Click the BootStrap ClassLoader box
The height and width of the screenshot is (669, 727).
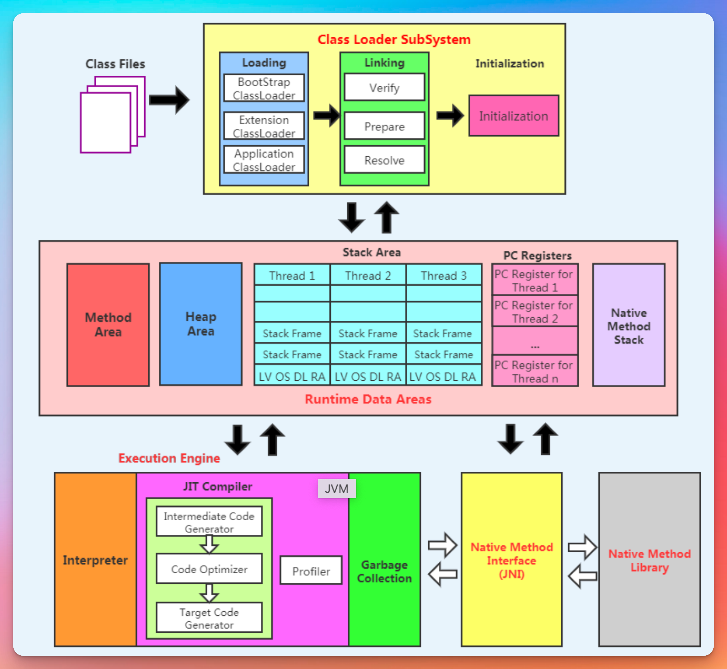coord(264,88)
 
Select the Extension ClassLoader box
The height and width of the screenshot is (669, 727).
coord(264,126)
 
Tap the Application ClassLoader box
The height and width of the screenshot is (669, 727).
coord(264,160)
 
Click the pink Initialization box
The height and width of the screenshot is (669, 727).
coord(513,116)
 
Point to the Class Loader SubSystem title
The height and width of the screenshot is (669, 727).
coord(394,39)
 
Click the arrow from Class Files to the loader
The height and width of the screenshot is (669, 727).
coord(169,100)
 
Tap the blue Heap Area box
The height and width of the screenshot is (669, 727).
coord(201,324)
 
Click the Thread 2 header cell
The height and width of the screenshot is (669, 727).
coord(368,276)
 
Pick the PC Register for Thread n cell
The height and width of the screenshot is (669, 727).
coord(534,371)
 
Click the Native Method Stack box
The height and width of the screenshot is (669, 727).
coord(629,326)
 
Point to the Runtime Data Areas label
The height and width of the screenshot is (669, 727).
coord(368,399)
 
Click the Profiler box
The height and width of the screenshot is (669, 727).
coord(311,571)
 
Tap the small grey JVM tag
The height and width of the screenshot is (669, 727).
coord(337,489)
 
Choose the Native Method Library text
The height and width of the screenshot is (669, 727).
coord(649,560)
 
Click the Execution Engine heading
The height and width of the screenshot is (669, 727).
coord(169,458)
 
